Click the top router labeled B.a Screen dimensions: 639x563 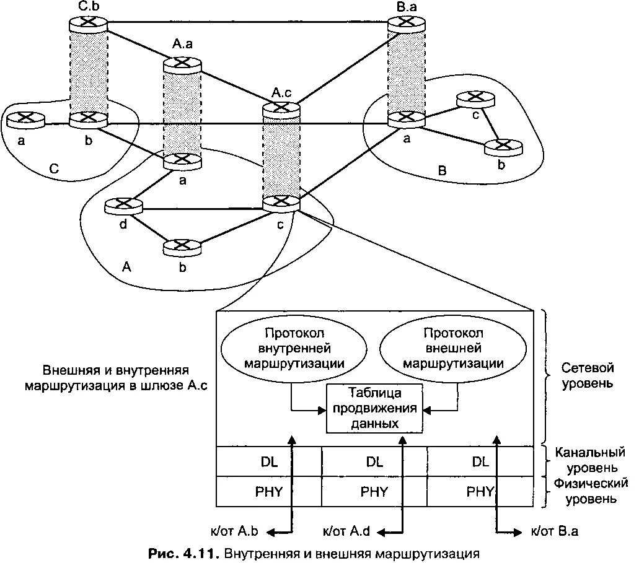tap(407, 24)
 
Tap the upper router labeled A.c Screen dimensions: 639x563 tap(281, 108)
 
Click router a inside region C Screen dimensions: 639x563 tap(25, 119)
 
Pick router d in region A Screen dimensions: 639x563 tap(123, 206)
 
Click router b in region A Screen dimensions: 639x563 tap(182, 247)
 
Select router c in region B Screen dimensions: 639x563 tap(475, 99)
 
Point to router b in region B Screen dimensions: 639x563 tap(503, 147)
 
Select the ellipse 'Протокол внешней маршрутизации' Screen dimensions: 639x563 tap(453, 349)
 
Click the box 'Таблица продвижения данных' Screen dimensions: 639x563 tap(374, 408)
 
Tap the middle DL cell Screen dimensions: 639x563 tap(374, 462)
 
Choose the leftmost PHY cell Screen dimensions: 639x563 tap(269, 492)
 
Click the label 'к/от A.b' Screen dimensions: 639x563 tap(234, 531)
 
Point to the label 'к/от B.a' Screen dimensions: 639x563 tap(554, 531)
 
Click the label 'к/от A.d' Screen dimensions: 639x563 tap(347, 531)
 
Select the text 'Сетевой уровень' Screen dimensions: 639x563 tap(587, 375)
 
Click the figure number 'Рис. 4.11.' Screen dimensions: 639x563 tap(184, 554)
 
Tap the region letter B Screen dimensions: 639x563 tap(442, 171)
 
